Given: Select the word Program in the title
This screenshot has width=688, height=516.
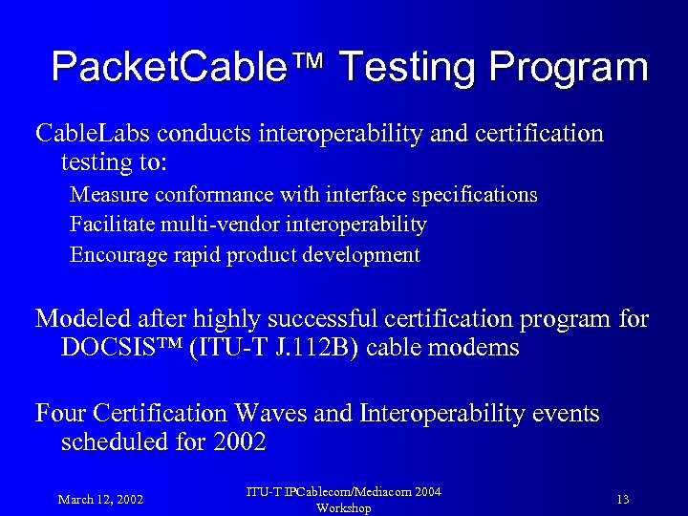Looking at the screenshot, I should coord(570,69).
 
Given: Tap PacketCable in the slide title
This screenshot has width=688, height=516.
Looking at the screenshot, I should coord(182,67).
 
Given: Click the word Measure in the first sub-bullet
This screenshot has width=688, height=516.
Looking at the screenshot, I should coord(108,195).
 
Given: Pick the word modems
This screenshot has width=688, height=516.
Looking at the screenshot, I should coord(477,348).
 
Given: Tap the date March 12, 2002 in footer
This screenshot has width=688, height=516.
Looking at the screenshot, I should coord(100,499).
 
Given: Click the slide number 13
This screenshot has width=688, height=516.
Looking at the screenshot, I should coord(623,499).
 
